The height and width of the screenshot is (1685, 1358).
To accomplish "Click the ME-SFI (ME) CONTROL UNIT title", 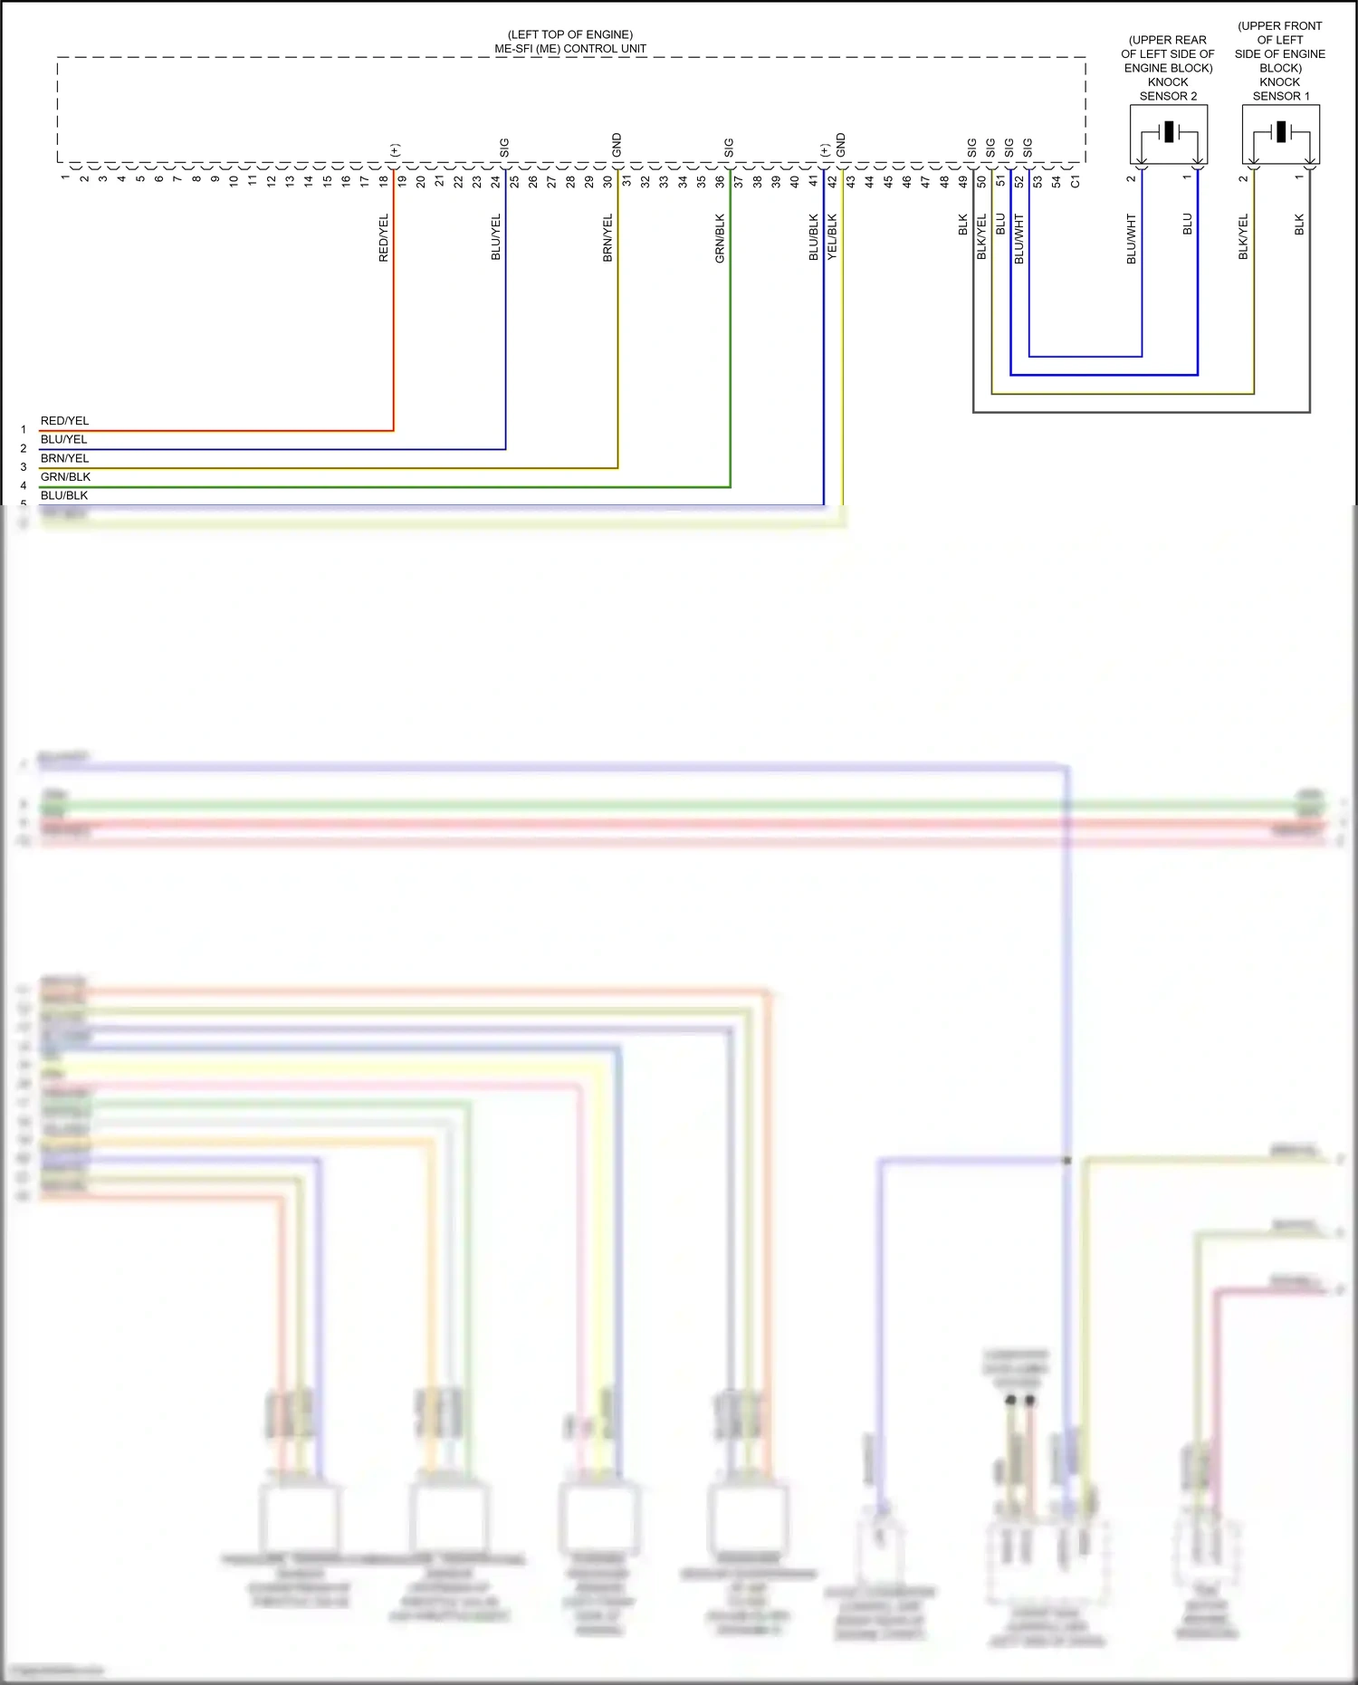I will (570, 49).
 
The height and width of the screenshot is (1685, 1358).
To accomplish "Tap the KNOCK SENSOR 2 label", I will (1168, 89).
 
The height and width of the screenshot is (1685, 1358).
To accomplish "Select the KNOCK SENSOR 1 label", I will (1280, 89).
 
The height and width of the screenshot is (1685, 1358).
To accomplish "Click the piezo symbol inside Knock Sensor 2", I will (1169, 132).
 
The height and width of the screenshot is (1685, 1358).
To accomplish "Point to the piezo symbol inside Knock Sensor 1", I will (1281, 132).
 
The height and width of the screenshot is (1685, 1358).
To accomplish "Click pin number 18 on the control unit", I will (384, 181).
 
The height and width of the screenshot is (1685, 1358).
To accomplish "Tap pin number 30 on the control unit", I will (607, 181).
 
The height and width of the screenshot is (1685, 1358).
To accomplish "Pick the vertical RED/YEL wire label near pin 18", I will (384, 238).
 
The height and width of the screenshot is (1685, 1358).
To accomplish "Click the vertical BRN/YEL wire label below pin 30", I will (607, 238).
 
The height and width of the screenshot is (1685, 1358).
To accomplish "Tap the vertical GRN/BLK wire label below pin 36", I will (720, 238).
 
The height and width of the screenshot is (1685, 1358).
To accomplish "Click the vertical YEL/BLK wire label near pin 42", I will (832, 237).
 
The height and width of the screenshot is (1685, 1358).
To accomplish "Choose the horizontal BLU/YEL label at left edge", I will (63, 440).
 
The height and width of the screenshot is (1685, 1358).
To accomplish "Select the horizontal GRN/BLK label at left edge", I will (65, 477).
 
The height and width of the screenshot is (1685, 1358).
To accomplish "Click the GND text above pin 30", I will (617, 145).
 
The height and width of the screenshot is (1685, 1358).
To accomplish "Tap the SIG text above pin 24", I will (505, 148).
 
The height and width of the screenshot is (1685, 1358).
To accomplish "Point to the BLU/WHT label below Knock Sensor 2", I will (1131, 239).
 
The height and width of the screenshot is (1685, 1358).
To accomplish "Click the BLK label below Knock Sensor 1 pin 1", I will (1299, 225).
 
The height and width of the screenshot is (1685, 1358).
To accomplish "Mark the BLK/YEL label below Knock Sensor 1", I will (1243, 237).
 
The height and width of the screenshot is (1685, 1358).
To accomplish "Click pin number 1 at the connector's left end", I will (65, 177).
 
